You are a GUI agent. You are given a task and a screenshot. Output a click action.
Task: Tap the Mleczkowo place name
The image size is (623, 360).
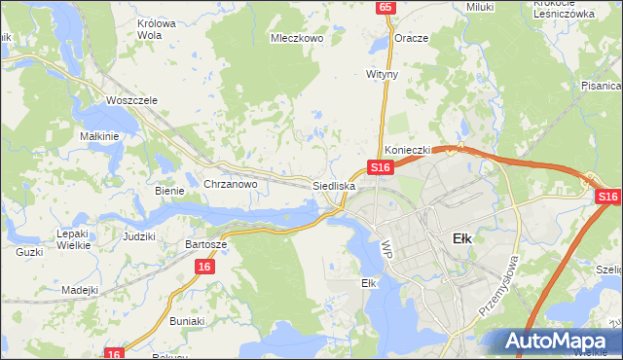tap(295, 40)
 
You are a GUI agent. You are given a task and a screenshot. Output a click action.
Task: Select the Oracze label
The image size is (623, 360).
tap(411, 38)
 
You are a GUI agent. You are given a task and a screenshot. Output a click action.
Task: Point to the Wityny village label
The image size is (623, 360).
tap(383, 73)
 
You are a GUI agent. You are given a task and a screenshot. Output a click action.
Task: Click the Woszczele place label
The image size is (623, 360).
tap(131, 100)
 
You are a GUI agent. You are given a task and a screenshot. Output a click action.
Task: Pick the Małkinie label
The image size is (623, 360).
tap(99, 136)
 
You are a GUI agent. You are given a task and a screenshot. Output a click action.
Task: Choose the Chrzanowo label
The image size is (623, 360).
tap(230, 184)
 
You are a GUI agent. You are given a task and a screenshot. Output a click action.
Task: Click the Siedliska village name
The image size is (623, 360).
tap(334, 185)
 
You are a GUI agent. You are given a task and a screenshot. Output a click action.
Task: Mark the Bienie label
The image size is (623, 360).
tap(169, 191)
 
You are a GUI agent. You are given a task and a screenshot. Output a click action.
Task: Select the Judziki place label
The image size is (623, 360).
tap(139, 236)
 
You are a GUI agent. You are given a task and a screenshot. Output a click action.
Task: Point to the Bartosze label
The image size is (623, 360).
tap(206, 244)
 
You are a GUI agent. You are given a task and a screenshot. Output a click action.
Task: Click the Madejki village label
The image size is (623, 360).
tap(80, 290)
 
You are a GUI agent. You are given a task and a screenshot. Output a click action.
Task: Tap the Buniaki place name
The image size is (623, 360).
tap(187, 320)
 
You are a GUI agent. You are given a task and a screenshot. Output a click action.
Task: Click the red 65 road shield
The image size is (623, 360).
tap(386, 7)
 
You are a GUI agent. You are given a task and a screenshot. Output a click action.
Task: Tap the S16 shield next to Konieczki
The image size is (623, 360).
tap(380, 167)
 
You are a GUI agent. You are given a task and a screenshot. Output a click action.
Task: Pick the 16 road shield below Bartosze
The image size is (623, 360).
tap(203, 266)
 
